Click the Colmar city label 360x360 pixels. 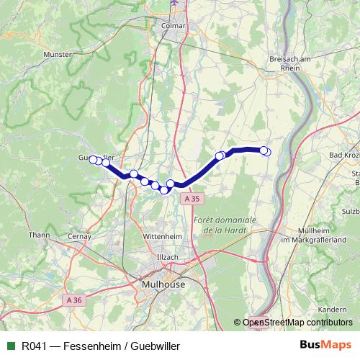(174, 25)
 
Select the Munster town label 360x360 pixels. (58, 54)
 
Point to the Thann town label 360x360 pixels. (39, 234)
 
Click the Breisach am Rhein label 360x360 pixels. (287, 65)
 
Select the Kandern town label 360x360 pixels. (331, 309)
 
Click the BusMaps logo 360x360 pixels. (320, 346)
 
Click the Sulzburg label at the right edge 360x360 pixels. (350, 212)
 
